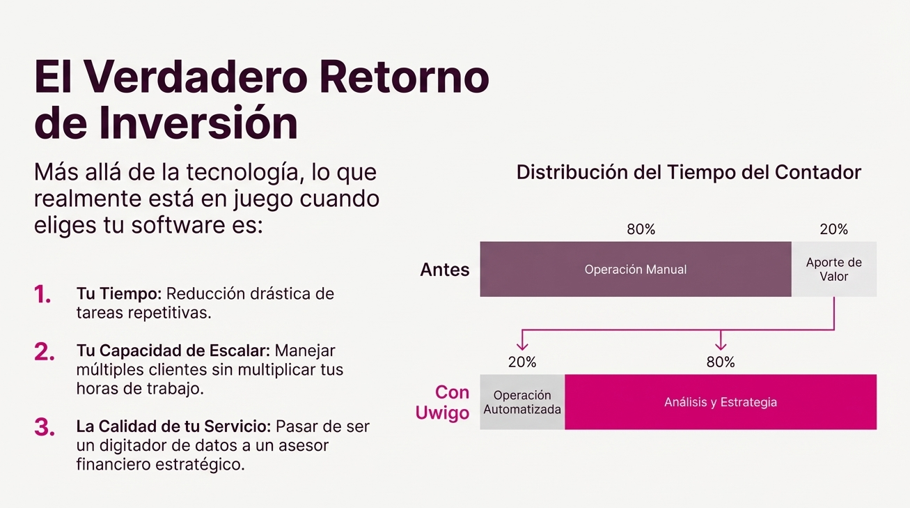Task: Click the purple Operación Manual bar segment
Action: [636, 269]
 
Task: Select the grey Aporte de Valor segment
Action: [834, 269]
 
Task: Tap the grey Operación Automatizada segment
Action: [522, 402]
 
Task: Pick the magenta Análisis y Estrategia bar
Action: [721, 402]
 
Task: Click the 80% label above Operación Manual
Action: [641, 229]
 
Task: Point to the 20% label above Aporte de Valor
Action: [833, 229]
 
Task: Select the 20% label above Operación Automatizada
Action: [522, 362]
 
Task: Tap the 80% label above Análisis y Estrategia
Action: [721, 362]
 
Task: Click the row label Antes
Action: [444, 269]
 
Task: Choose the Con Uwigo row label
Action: [442, 402]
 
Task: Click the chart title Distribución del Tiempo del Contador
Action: [689, 172]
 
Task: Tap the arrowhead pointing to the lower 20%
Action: [522, 346]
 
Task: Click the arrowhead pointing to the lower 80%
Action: [721, 346]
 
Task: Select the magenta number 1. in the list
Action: [42, 294]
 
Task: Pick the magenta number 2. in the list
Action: [45, 352]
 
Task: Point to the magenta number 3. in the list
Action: [45, 427]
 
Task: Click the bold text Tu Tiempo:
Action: [119, 293]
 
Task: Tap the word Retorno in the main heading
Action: [405, 77]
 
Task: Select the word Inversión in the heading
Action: [198, 123]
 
